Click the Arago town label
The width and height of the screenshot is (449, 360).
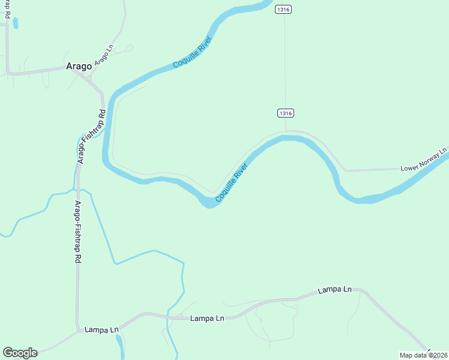coord(78,67)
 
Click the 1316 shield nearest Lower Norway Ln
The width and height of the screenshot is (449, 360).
coord(286,113)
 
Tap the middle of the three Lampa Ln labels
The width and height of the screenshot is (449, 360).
coord(207,319)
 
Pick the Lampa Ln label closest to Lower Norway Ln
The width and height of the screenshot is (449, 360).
coord(334,290)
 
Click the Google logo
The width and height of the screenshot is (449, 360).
coord(20,353)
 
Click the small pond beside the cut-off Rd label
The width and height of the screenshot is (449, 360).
coord(15,23)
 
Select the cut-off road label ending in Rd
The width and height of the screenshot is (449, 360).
coord(7,9)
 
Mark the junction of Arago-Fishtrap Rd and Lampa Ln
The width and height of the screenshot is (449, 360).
coord(78,329)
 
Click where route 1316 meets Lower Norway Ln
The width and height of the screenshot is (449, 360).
coord(286,130)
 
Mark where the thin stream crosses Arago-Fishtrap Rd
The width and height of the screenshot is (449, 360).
coord(77,191)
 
